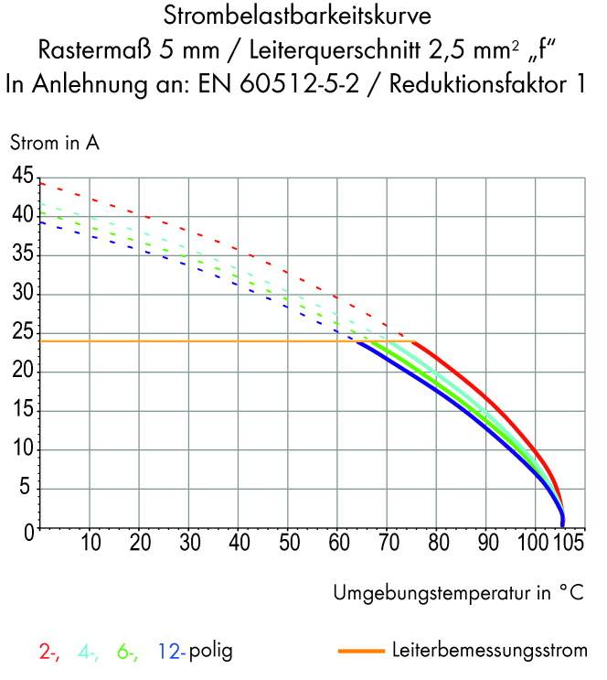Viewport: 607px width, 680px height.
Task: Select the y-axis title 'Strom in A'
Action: point(54,143)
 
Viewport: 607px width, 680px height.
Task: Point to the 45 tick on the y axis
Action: point(22,177)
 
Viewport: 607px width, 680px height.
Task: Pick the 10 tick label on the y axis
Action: point(22,450)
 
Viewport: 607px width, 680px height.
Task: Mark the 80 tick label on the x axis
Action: point(436,544)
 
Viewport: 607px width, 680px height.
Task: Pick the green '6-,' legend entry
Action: point(127,653)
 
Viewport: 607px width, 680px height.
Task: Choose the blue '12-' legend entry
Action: point(171,653)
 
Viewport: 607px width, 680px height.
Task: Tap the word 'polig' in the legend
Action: point(211,653)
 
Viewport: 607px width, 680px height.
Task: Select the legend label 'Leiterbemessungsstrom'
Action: point(489,653)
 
